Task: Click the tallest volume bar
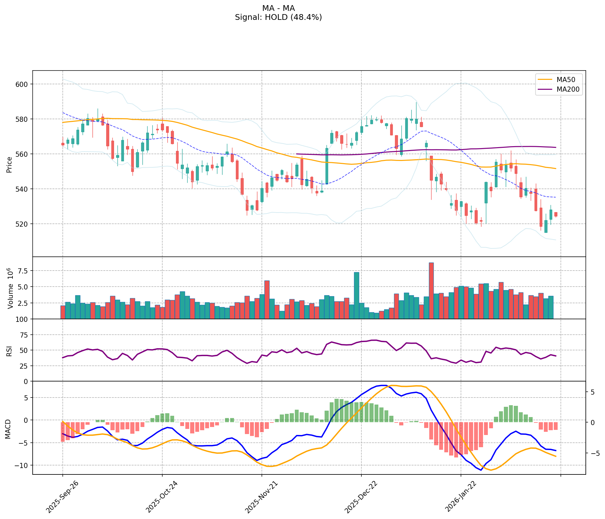tap(431, 290)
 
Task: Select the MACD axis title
tap(8, 429)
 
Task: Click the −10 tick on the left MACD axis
tap(21, 465)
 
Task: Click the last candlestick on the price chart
tap(556, 214)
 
